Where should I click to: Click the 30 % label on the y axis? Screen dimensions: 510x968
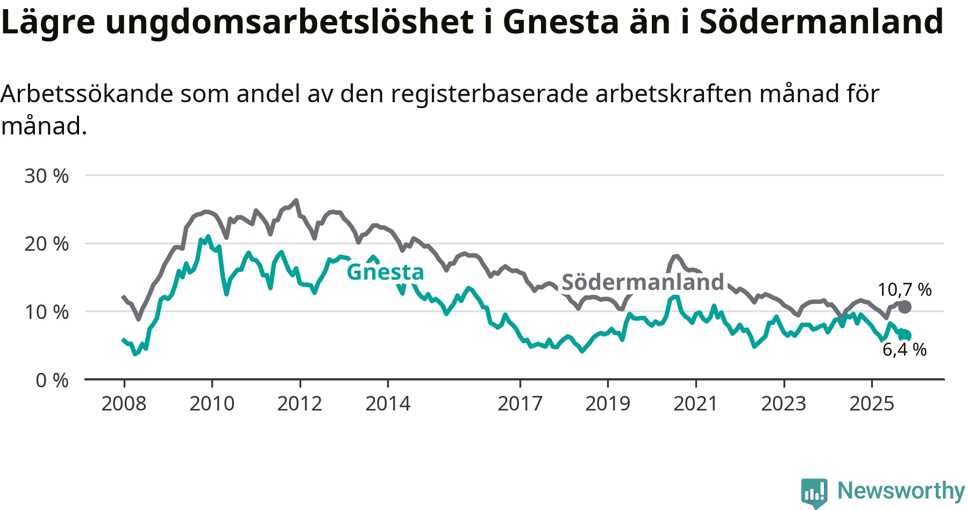click(46, 176)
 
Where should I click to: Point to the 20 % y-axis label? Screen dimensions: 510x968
click(46, 244)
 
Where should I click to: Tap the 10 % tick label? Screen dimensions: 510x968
click(46, 312)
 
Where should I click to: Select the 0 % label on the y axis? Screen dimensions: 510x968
click(52, 380)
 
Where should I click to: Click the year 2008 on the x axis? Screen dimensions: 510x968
click(124, 403)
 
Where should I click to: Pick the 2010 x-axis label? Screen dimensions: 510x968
click(212, 403)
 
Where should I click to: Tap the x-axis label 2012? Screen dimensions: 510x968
click(300, 403)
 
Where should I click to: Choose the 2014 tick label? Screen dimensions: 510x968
click(388, 403)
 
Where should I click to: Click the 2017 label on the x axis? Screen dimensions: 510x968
click(520, 403)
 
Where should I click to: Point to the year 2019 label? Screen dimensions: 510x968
click(608, 403)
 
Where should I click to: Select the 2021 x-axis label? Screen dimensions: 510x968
click(696, 403)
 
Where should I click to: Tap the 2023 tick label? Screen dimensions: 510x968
click(784, 403)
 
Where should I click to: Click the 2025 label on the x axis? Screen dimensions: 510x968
click(872, 403)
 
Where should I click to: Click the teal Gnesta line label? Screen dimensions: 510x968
click(385, 272)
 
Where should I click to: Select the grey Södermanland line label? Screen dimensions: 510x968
click(643, 282)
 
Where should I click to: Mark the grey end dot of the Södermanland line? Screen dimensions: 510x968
click(905, 307)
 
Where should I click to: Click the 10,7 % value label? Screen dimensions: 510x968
click(905, 290)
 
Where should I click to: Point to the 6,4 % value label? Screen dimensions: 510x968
click(905, 350)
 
